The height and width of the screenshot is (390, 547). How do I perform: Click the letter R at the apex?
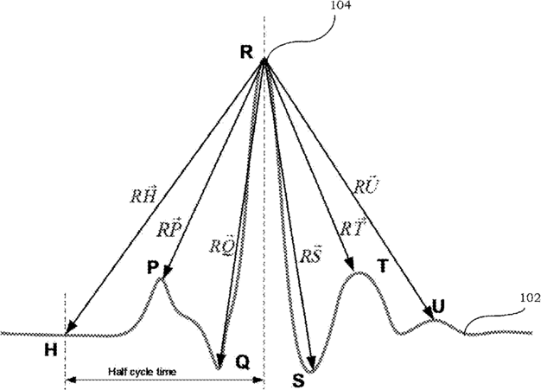pyautogui.click(x=246, y=53)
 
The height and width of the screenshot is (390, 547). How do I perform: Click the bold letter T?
pyautogui.click(x=381, y=267)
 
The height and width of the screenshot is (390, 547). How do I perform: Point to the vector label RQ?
pyautogui.click(x=221, y=245)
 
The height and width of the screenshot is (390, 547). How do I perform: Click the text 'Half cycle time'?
pyautogui.click(x=143, y=372)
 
